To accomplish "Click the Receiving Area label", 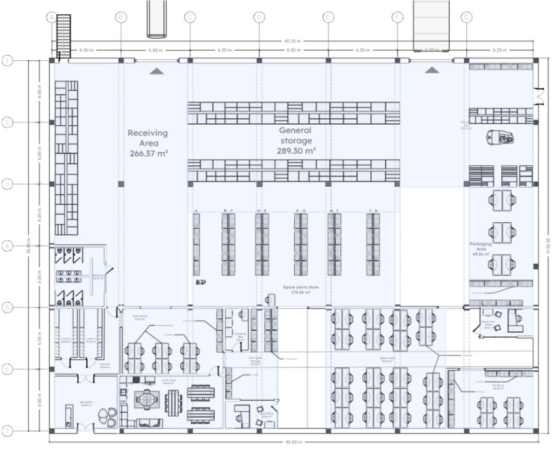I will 148,142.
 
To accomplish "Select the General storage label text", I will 296,140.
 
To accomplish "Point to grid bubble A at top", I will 51,18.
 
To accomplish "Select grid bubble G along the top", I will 466,18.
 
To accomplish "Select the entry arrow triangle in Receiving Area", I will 156,71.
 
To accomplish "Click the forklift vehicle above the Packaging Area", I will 501,136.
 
